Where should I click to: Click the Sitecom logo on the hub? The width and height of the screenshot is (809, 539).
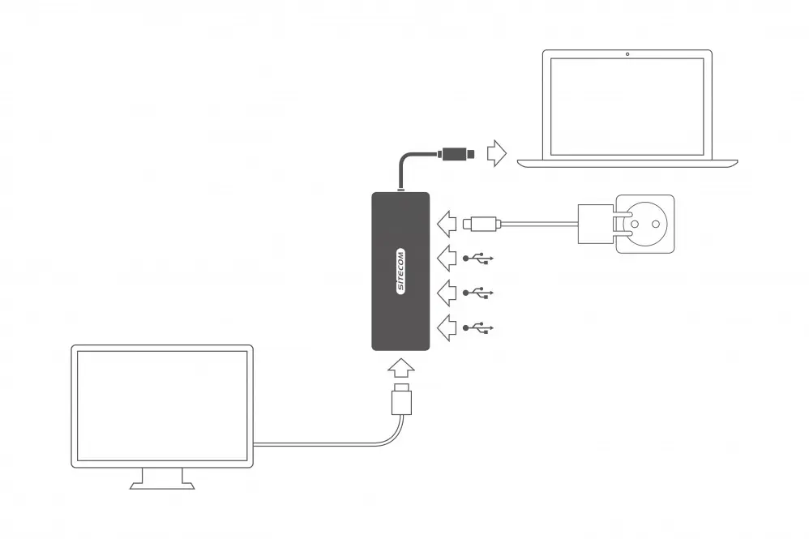click(x=400, y=272)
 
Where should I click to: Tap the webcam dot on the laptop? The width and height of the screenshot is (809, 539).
click(x=627, y=54)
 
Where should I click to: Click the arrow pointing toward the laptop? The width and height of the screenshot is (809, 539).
click(x=497, y=153)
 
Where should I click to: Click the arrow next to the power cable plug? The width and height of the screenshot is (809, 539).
click(x=447, y=224)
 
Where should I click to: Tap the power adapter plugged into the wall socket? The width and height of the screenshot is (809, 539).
click(x=597, y=224)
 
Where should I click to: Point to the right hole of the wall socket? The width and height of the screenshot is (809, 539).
click(x=655, y=224)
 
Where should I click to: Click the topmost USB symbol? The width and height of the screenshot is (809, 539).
click(x=478, y=259)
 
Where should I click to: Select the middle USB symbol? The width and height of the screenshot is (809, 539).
click(x=478, y=293)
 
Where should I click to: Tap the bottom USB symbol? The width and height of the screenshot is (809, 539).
click(x=478, y=327)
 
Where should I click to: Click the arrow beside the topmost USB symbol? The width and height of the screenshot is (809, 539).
click(x=447, y=258)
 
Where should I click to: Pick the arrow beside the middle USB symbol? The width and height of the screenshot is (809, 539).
click(x=447, y=293)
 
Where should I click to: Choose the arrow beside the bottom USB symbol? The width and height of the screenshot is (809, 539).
click(x=447, y=327)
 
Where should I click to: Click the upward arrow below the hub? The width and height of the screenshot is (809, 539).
click(x=401, y=368)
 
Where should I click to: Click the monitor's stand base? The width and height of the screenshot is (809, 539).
click(x=162, y=486)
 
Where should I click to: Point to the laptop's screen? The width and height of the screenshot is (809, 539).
click(x=627, y=107)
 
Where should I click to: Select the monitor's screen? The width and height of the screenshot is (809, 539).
click(x=162, y=406)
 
